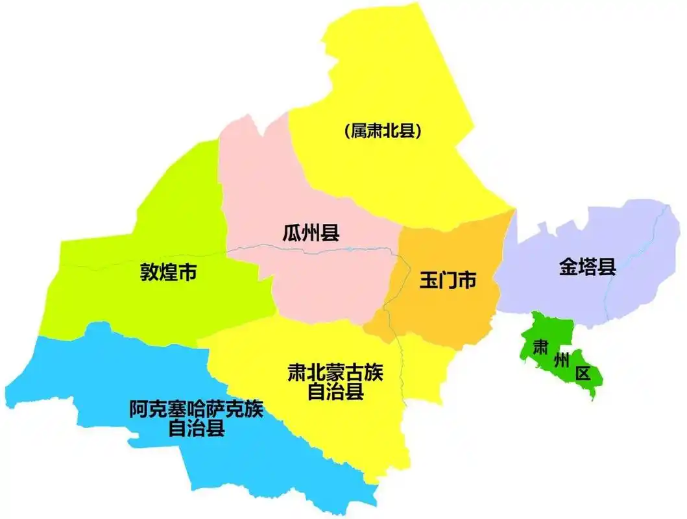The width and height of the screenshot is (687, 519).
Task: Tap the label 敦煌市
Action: click(169, 272)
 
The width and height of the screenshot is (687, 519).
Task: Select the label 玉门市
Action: click(448, 281)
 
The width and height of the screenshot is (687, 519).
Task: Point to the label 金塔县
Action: click(588, 267)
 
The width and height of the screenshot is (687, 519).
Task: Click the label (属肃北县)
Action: click(383, 131)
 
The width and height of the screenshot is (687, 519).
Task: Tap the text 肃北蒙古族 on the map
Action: click(335, 374)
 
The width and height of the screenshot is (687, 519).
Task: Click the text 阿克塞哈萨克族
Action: click(197, 410)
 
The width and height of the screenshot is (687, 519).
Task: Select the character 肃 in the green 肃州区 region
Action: click(539, 347)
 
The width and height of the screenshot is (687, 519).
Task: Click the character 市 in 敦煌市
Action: click(187, 272)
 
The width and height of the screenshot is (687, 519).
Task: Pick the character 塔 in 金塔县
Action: click(588, 267)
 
